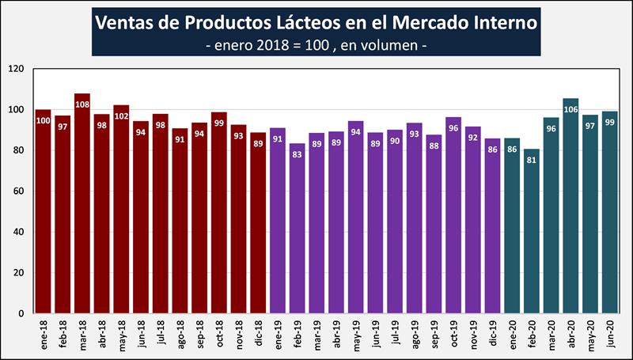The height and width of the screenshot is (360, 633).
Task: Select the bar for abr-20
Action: (x=570, y=206)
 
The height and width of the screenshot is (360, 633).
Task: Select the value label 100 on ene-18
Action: (x=44, y=121)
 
